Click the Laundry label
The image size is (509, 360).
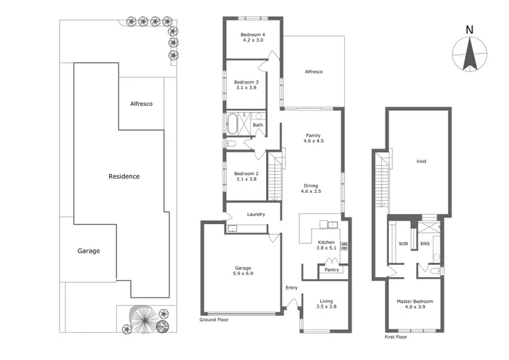tap(256, 215)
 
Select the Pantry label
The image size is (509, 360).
tap(332, 270)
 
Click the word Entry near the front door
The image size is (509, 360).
tap(292, 287)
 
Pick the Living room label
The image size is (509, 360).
tap(326, 300)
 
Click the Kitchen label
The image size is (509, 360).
tap(326, 242)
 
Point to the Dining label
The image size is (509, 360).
tap(311, 185)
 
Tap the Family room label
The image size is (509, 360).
tap(313, 135)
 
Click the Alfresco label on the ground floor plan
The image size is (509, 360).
tap(313, 71)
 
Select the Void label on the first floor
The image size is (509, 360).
tap(421, 162)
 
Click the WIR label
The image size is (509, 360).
tap(402, 242)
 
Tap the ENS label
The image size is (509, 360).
tap(425, 242)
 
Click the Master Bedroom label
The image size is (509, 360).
tap(415, 301)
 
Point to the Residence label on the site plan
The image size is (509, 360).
tap(124, 177)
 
